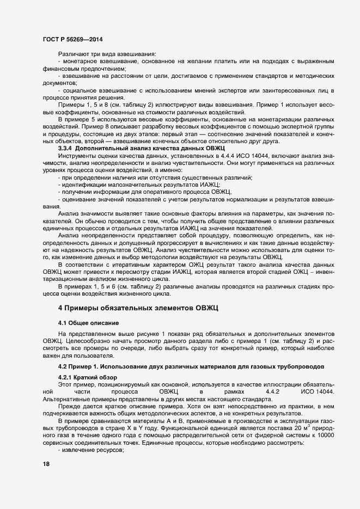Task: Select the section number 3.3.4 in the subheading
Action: click(65, 148)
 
